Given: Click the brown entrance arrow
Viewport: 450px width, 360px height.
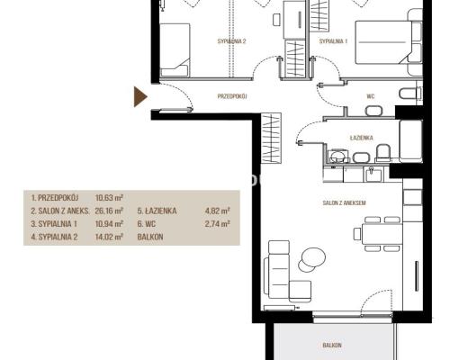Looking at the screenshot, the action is click(139, 96).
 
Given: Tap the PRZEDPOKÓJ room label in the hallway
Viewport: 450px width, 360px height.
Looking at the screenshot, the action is click(232, 96).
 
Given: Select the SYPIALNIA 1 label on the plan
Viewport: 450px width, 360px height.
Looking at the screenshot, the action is click(333, 41).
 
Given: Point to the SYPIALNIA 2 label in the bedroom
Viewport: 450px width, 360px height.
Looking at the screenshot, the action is click(231, 41).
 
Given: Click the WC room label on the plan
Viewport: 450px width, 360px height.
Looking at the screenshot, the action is click(371, 96).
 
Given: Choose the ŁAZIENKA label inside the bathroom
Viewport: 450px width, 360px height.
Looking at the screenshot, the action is click(362, 138).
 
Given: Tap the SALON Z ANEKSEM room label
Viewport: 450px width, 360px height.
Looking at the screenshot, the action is click(344, 202).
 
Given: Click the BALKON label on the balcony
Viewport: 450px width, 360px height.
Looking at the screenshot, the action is click(332, 345).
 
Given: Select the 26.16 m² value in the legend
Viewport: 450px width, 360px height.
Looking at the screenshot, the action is click(109, 211).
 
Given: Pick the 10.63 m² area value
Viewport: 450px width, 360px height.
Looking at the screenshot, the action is click(109, 198).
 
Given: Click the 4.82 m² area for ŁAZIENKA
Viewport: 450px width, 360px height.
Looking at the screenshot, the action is click(218, 211).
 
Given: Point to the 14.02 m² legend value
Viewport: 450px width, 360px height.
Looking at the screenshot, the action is click(109, 237).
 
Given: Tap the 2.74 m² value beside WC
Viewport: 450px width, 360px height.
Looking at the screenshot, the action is click(218, 224).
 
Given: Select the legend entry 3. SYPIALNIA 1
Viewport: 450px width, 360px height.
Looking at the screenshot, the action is click(54, 224).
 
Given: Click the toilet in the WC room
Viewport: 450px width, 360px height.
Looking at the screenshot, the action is click(410, 93).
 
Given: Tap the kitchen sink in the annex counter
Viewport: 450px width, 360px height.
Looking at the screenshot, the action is click(373, 175).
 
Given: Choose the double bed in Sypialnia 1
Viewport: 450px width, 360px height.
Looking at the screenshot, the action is click(383, 42).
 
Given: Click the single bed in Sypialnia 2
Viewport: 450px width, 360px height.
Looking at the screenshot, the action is click(175, 49).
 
